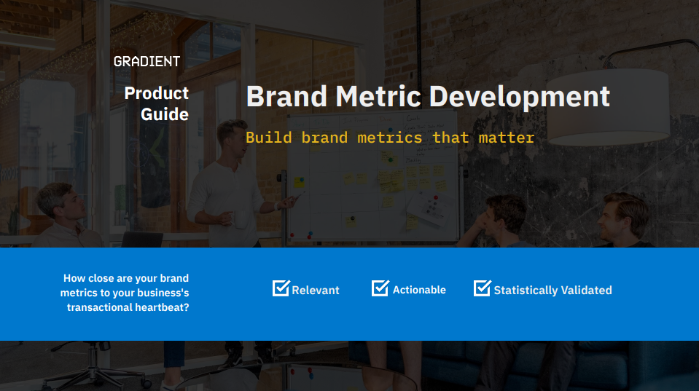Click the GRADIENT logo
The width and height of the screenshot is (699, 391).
147,61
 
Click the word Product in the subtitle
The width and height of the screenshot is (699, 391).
157,93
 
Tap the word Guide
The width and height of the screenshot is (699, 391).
165,114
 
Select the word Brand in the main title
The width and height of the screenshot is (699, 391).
286,96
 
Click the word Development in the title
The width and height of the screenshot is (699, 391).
520,98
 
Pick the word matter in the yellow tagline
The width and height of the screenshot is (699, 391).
507,138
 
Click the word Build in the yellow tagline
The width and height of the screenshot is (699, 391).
269,138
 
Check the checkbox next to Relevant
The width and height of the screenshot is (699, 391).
281,288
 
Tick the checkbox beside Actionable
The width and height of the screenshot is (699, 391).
380,288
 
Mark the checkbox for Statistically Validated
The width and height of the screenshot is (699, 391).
483,288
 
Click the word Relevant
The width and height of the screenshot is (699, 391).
316,291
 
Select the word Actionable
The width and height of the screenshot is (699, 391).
419,290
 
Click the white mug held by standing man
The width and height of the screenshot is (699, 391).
241,219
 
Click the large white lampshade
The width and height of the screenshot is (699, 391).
608,107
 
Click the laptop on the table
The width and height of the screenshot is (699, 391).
142,240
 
